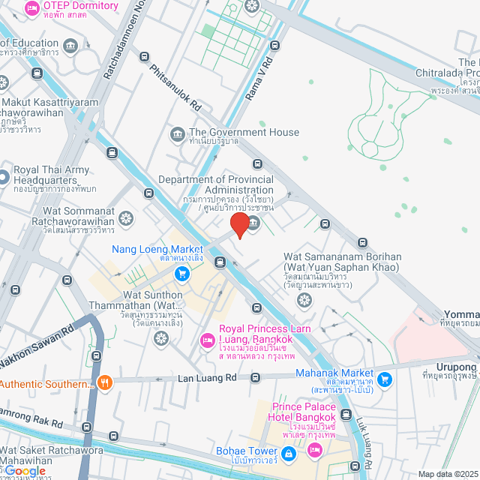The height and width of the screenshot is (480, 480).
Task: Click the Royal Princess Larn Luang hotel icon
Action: click(207, 341)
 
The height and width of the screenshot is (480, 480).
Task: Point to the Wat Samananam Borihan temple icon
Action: click(304, 301)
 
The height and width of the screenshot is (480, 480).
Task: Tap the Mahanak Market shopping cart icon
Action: click(385, 379)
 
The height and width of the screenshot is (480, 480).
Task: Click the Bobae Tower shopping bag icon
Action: click(289, 453)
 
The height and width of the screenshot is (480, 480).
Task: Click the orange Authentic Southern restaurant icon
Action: click(105, 382)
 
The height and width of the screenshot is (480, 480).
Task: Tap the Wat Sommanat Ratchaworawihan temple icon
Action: click(125, 218)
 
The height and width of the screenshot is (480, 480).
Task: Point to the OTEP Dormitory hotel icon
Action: click(31, 8)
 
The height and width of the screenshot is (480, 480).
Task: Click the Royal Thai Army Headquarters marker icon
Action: click(4, 178)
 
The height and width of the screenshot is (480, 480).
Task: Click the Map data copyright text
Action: click(447, 474)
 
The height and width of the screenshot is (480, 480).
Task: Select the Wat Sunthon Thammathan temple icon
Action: click(160, 339)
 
